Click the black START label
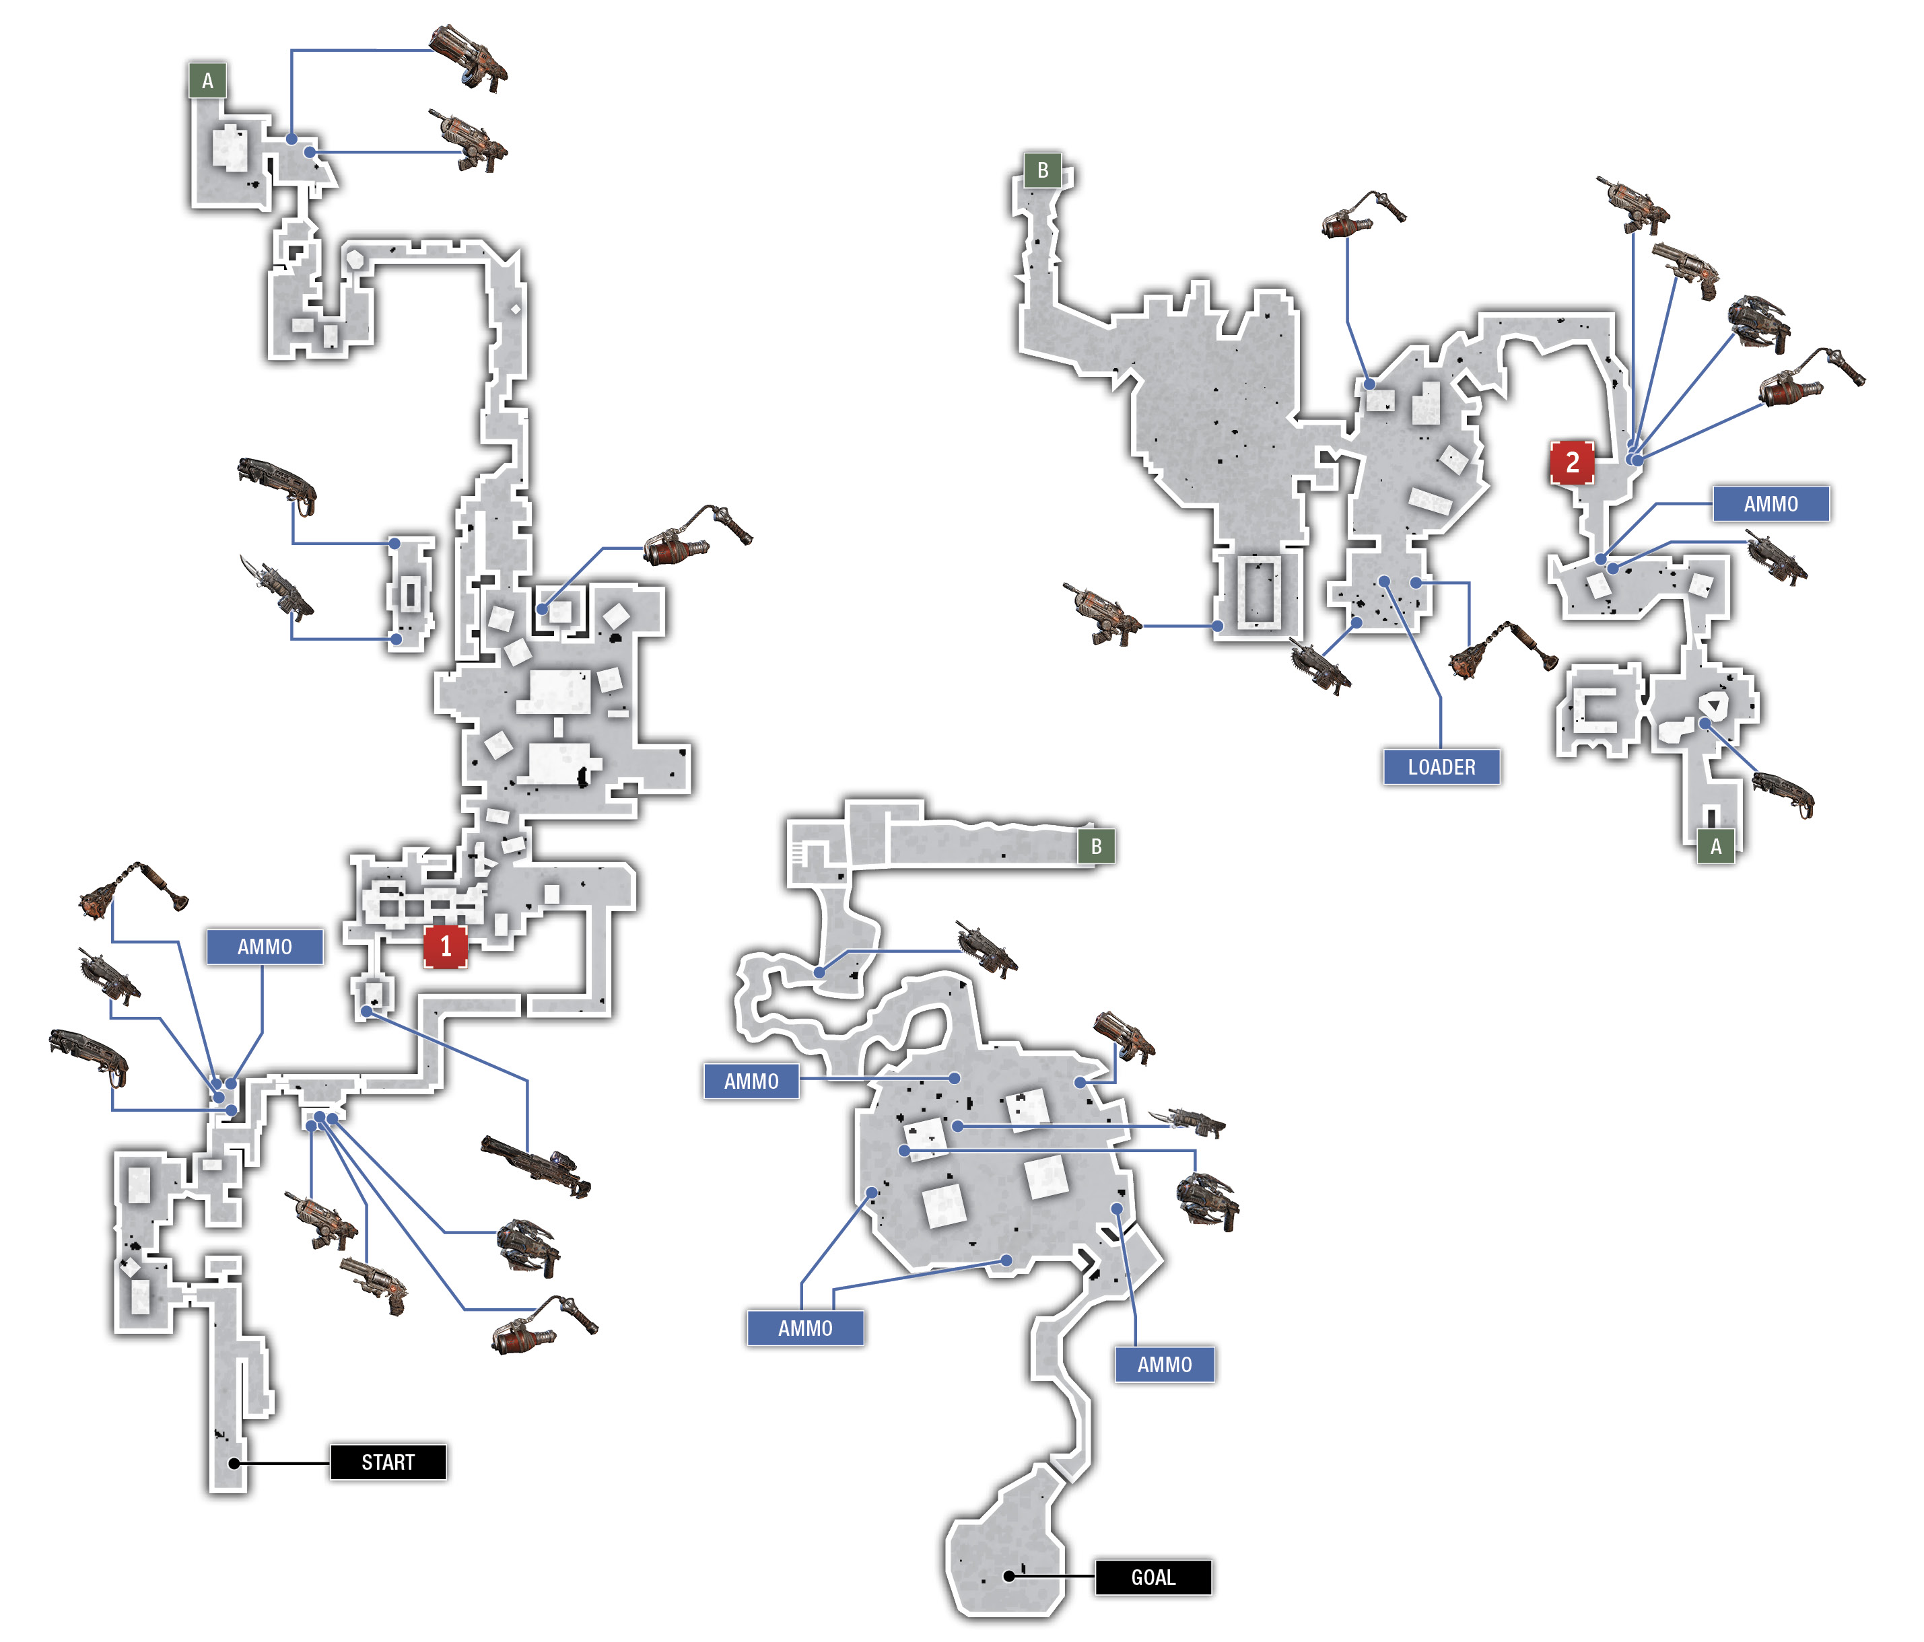388,1462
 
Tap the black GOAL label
1153,1577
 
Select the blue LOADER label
1441,766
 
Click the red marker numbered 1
445,946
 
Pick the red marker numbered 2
1572,462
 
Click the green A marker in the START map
208,81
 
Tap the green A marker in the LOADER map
1716,846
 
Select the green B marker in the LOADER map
1043,170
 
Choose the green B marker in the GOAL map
1097,847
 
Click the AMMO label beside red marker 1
265,947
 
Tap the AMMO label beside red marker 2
1771,504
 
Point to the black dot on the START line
235,1464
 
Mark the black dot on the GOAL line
1008,1576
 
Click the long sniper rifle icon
536,1166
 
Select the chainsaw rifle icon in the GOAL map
987,949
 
